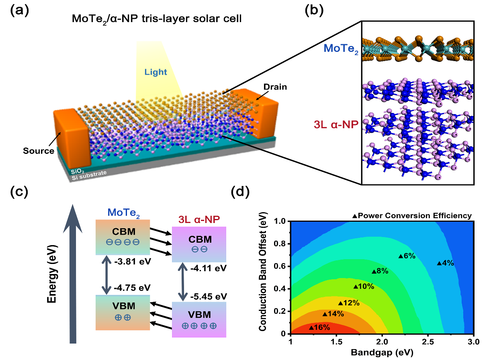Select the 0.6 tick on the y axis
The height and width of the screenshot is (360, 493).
click(x=280, y=266)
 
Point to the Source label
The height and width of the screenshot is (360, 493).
click(x=44, y=151)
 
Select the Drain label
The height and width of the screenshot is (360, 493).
click(x=275, y=87)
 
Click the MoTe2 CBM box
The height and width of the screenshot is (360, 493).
click(x=123, y=237)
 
